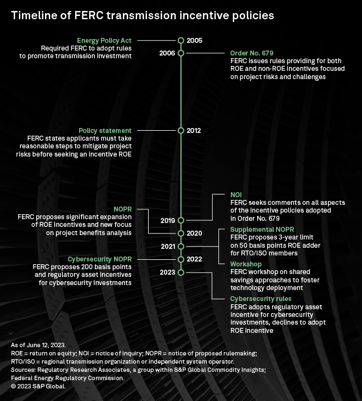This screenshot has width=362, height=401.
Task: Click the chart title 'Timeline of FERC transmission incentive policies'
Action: click(x=143, y=15)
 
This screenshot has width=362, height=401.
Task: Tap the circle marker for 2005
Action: click(x=181, y=40)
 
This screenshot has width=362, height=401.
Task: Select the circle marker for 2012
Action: click(x=181, y=131)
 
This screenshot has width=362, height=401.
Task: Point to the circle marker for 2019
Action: click(x=181, y=220)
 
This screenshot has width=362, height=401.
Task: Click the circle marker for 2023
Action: click(x=181, y=272)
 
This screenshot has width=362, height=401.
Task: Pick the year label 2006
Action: click(x=167, y=53)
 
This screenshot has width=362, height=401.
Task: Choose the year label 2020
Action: click(x=194, y=233)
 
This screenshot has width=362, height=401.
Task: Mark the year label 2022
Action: click(x=194, y=259)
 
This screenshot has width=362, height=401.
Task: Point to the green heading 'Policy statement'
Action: click(x=105, y=131)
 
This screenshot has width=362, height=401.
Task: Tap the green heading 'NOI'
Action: click(x=236, y=195)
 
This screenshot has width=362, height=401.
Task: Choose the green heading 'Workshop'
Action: click(x=246, y=264)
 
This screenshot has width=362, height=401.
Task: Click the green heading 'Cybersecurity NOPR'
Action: click(x=99, y=259)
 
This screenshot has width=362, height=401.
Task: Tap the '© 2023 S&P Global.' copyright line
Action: click(x=38, y=386)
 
